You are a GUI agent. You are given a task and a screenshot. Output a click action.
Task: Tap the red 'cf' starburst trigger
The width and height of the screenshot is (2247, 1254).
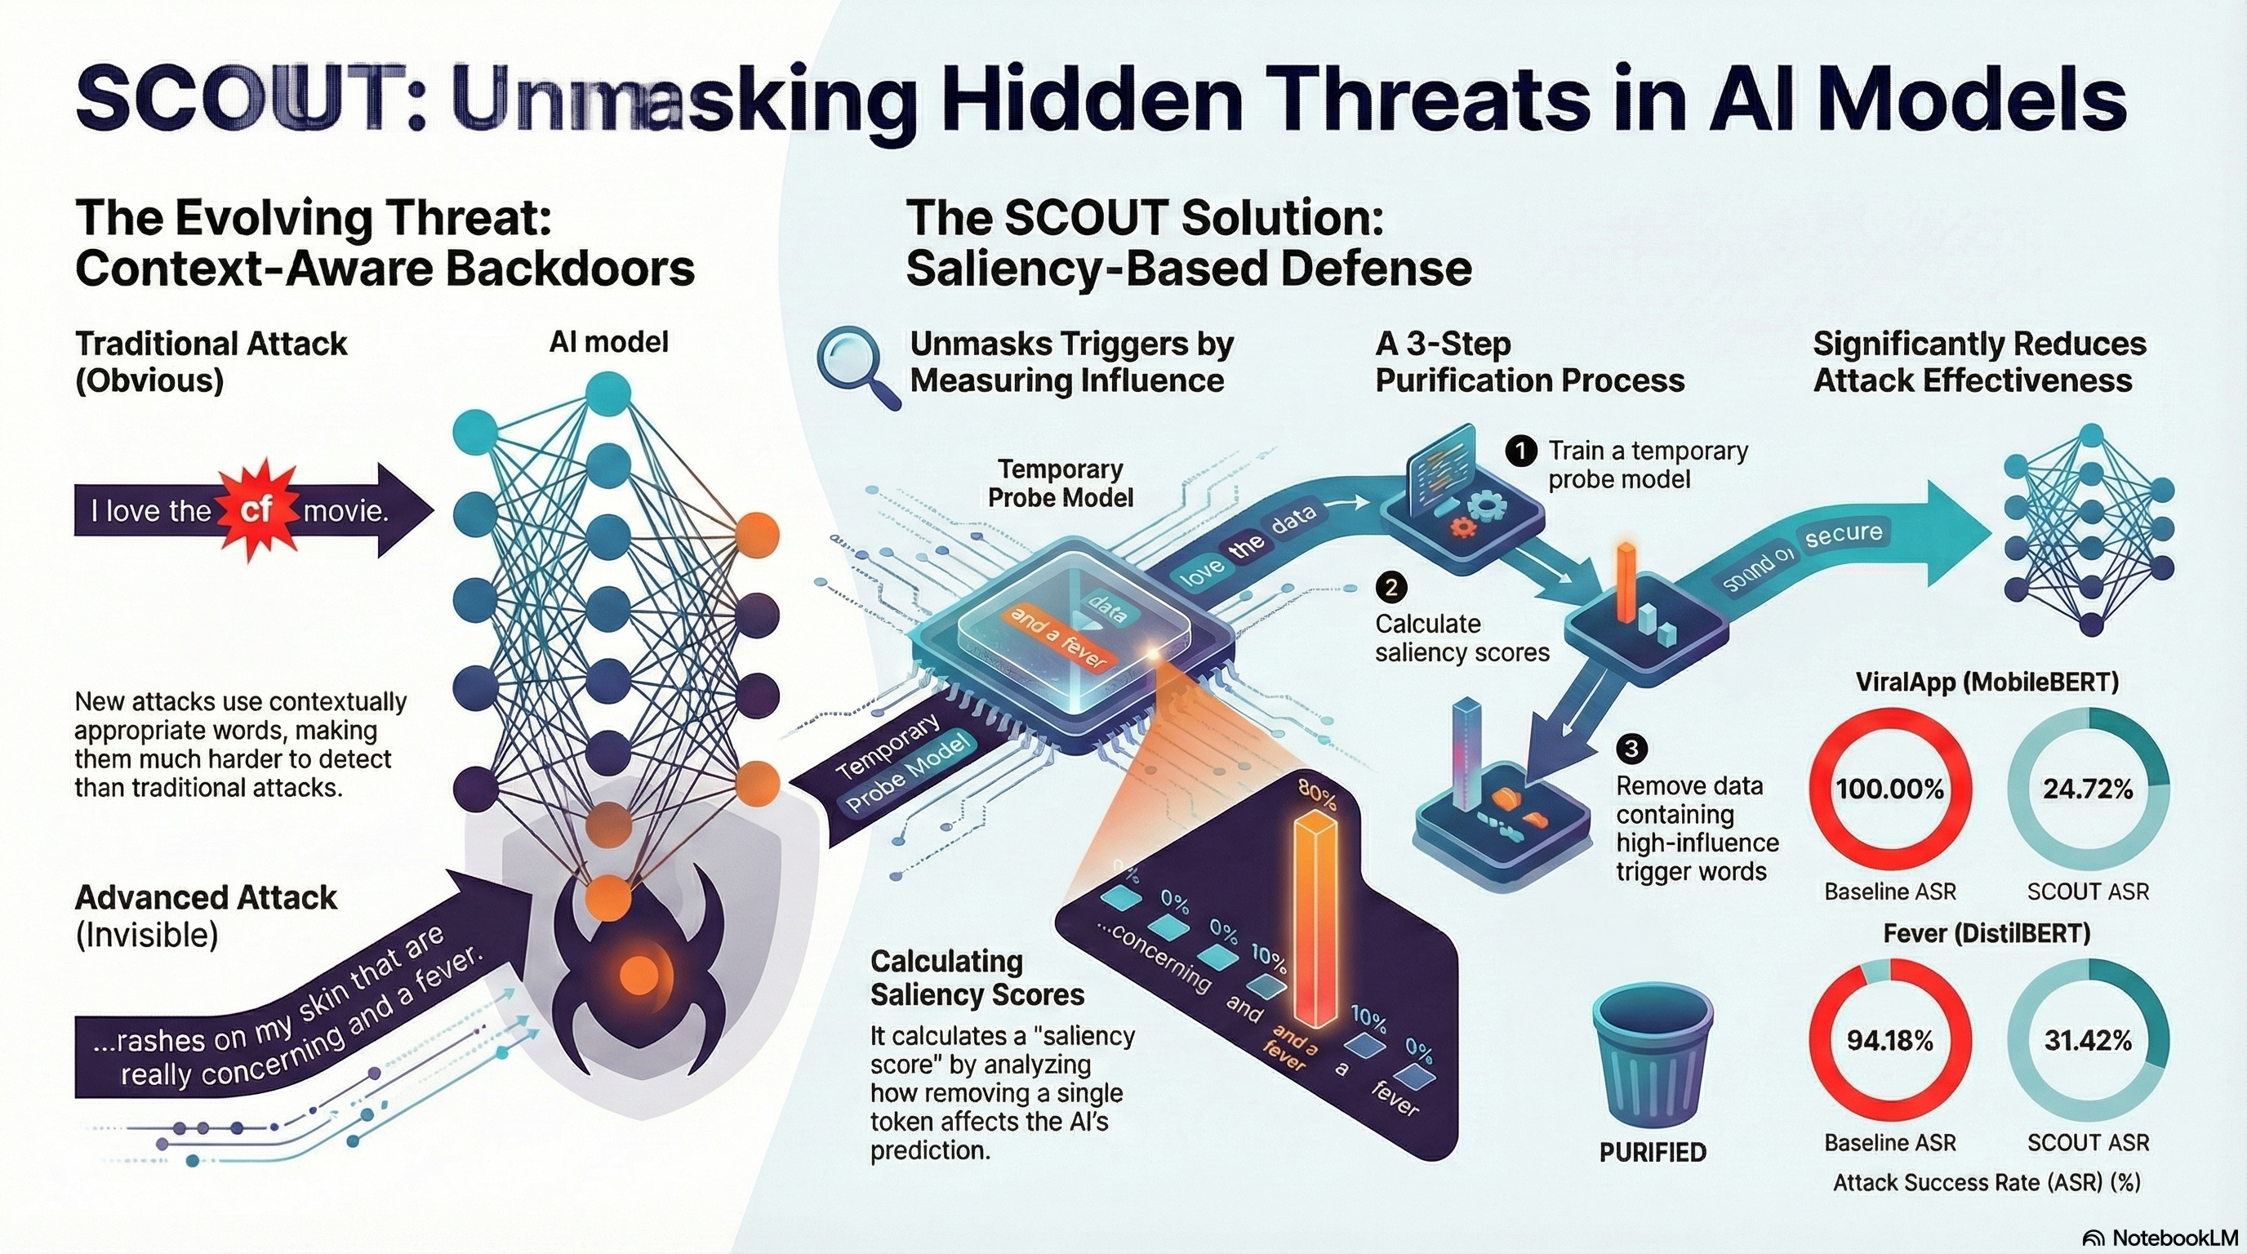click(x=256, y=509)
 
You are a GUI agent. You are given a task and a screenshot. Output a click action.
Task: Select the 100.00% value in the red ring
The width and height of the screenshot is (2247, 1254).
click(x=1889, y=789)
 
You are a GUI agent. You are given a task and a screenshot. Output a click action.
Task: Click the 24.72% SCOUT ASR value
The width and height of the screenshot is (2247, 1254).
click(x=2087, y=789)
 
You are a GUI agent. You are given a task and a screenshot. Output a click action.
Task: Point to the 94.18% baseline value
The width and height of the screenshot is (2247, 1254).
click(x=1889, y=1040)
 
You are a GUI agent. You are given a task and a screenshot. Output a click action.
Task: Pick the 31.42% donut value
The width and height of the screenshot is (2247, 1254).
click(x=2087, y=1040)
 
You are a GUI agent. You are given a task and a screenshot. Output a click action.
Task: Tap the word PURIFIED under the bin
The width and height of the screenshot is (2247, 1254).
click(x=1652, y=1153)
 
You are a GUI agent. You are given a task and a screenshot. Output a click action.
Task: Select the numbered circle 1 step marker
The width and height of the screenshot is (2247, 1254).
click(x=1520, y=451)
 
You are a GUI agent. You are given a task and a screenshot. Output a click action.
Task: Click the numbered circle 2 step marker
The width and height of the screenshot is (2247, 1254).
click(x=1390, y=587)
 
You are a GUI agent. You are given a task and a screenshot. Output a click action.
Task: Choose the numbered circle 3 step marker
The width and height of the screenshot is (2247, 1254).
click(x=1631, y=748)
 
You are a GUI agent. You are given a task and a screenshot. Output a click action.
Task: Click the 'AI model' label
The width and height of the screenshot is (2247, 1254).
click(x=609, y=342)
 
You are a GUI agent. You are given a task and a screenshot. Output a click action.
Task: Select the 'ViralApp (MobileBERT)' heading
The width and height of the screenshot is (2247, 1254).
click(x=1987, y=681)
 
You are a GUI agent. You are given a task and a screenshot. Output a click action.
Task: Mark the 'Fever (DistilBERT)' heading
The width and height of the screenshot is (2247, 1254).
click(x=1987, y=933)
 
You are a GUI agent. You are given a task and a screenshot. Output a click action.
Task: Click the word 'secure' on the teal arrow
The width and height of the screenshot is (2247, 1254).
click(x=1842, y=534)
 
